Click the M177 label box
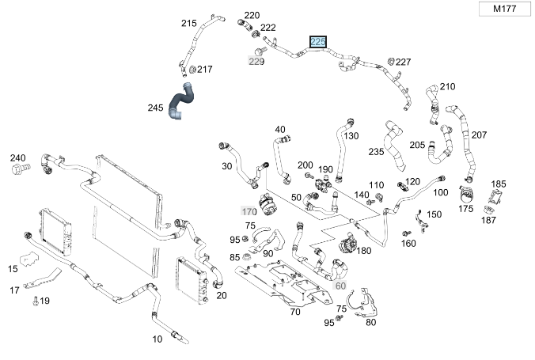point(505,9)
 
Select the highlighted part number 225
point(318,41)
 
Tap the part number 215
point(188,23)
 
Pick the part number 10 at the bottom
point(157,339)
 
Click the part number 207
point(479,135)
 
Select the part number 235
point(376,151)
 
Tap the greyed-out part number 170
point(249,211)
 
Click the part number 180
point(364,251)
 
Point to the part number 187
point(489,219)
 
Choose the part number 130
point(351,136)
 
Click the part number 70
point(294,312)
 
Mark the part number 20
point(221,295)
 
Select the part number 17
point(13,290)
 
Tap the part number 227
point(404,62)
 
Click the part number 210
point(448,86)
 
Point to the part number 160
point(408,243)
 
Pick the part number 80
point(370,321)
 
